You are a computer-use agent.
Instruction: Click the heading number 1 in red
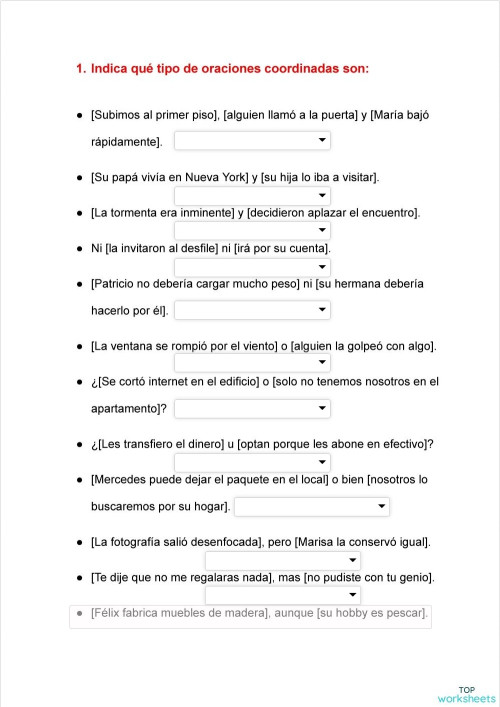pos(79,69)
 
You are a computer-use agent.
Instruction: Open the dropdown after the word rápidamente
pos(252,141)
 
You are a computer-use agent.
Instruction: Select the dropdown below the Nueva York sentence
pos(252,195)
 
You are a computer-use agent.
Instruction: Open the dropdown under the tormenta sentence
pos(252,231)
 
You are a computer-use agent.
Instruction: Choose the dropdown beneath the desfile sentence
pos(252,267)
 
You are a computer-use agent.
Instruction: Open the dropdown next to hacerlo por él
pos(252,311)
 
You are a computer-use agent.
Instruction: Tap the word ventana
pos(134,346)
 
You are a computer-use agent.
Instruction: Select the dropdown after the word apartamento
pos(252,408)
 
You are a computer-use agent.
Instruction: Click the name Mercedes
pos(123,479)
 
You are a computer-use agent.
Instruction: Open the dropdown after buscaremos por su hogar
pos(312,507)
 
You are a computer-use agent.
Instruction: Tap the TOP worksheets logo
pos(466,694)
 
